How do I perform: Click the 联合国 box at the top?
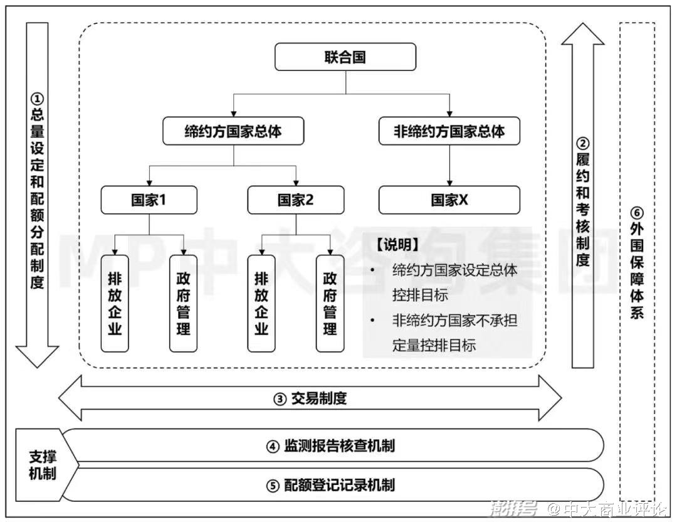pyautogui.click(x=345, y=58)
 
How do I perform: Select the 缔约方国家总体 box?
pyautogui.click(x=233, y=132)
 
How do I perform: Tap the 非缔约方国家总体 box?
pyautogui.click(x=449, y=132)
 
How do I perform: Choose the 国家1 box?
pyautogui.click(x=149, y=200)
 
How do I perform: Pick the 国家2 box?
pyautogui.click(x=295, y=200)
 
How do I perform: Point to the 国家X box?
pyautogui.click(x=449, y=200)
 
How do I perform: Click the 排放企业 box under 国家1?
pyautogui.click(x=115, y=303)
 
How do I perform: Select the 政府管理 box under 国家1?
pyautogui.click(x=183, y=303)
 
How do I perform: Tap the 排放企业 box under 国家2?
pyautogui.click(x=261, y=303)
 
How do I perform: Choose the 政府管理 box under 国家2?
pyautogui.click(x=330, y=303)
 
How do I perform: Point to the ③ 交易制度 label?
pyautogui.click(x=310, y=398)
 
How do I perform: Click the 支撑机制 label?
pyautogui.click(x=42, y=465)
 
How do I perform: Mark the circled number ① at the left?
pyautogui.click(x=38, y=99)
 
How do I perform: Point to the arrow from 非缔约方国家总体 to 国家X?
pyautogui.click(x=449, y=166)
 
